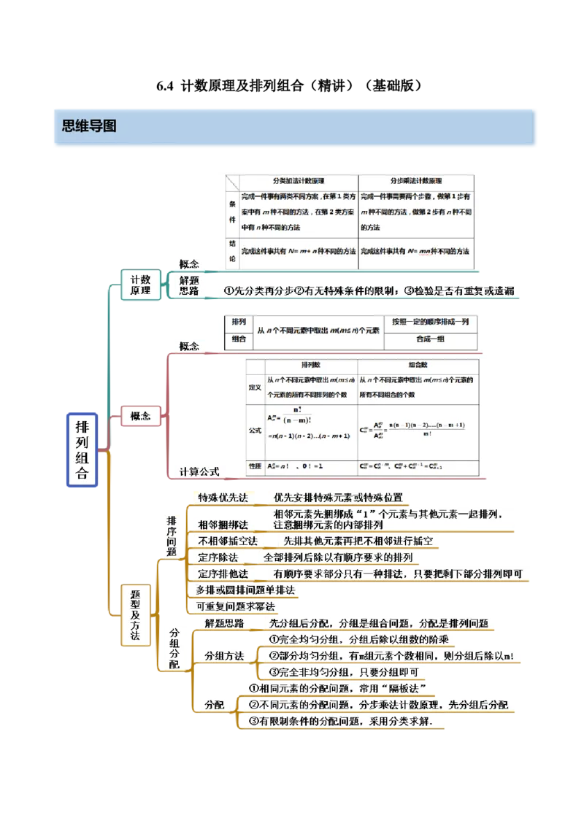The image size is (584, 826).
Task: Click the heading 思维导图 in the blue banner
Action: [89, 126]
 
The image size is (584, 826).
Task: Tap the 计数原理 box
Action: [140, 285]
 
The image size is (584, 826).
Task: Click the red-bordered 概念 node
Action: [140, 417]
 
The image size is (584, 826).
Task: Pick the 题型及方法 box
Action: [134, 615]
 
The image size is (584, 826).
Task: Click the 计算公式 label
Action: [199, 471]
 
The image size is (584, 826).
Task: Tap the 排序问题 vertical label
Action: [172, 536]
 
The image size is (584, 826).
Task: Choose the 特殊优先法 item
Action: [223, 498]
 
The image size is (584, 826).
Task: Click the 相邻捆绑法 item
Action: [223, 524]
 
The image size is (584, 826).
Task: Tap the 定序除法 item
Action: [218, 557]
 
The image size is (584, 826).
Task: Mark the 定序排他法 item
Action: [223, 574]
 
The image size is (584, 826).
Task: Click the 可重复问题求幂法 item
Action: [234, 606]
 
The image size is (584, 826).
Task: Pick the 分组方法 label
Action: [223, 655]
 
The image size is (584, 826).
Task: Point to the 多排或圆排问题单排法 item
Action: [245, 590]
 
